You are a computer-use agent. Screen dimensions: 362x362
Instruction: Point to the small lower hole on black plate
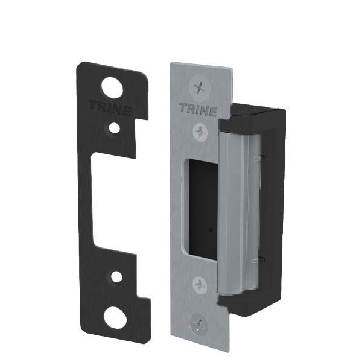115,277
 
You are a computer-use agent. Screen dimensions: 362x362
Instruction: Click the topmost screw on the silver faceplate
198,87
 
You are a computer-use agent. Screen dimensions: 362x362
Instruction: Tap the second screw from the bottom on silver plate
199,284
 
